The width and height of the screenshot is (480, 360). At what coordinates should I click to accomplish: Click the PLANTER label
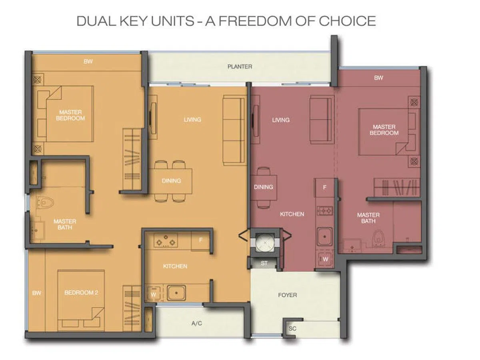pyautogui.click(x=240, y=66)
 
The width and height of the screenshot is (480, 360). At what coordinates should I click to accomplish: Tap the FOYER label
pyautogui.click(x=287, y=295)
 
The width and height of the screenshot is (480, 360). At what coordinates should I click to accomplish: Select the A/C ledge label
pyautogui.click(x=196, y=323)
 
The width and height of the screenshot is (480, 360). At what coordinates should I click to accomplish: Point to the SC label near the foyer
pyautogui.click(x=292, y=328)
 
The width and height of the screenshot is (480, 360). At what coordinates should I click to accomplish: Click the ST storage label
pyautogui.click(x=264, y=263)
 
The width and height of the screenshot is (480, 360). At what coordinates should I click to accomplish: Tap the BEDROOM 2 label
pyautogui.click(x=81, y=292)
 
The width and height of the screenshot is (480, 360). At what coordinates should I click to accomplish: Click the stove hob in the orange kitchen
pyautogui.click(x=166, y=240)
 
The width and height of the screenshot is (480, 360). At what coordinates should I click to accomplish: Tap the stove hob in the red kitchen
pyautogui.click(x=325, y=211)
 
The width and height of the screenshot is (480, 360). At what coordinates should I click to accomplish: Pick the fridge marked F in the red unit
pyautogui.click(x=324, y=187)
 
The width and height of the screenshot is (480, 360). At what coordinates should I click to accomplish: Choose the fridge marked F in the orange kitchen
pyautogui.click(x=201, y=240)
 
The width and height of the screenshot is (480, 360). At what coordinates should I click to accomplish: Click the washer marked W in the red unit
pyautogui.click(x=325, y=259)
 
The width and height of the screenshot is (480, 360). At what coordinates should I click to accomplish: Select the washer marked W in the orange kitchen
pyautogui.click(x=153, y=294)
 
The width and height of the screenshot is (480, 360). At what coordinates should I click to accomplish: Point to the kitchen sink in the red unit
pyautogui.click(x=325, y=236)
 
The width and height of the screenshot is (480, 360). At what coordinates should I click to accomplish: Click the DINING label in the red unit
pyautogui.click(x=264, y=187)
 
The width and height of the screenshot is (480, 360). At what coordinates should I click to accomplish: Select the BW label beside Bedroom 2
pyautogui.click(x=36, y=293)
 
